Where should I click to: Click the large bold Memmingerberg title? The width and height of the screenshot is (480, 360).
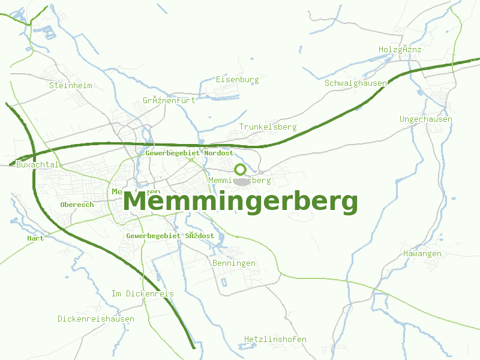click(x=240, y=202)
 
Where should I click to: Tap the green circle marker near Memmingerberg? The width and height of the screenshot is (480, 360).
click(x=240, y=169)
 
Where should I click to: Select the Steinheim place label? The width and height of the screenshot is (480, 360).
click(x=71, y=85)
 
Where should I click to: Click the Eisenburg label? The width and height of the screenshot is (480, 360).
click(x=237, y=79)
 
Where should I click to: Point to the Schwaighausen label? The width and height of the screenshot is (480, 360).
click(x=355, y=83)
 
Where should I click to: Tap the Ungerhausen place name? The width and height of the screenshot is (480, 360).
click(x=426, y=119)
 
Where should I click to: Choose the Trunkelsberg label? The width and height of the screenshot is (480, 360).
click(x=268, y=127)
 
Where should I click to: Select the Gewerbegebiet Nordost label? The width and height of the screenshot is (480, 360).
click(x=189, y=154)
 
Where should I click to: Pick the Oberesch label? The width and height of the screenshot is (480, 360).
click(x=77, y=205)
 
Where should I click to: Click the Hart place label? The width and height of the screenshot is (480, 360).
click(x=35, y=238)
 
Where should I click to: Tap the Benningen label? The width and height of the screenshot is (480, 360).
click(x=234, y=263)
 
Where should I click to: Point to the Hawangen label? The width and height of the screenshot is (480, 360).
click(x=422, y=253)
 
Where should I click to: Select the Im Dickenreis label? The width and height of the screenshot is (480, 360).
click(x=143, y=293)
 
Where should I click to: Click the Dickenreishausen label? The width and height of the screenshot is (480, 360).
click(x=96, y=319)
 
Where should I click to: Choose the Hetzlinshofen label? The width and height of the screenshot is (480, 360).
click(x=275, y=340)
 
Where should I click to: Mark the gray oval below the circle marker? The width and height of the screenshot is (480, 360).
click(x=241, y=181)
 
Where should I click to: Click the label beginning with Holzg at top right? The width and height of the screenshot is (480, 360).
click(x=400, y=49)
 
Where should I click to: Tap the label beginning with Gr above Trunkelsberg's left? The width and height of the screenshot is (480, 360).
click(x=169, y=100)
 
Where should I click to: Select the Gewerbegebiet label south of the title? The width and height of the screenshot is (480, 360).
click(x=170, y=236)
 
